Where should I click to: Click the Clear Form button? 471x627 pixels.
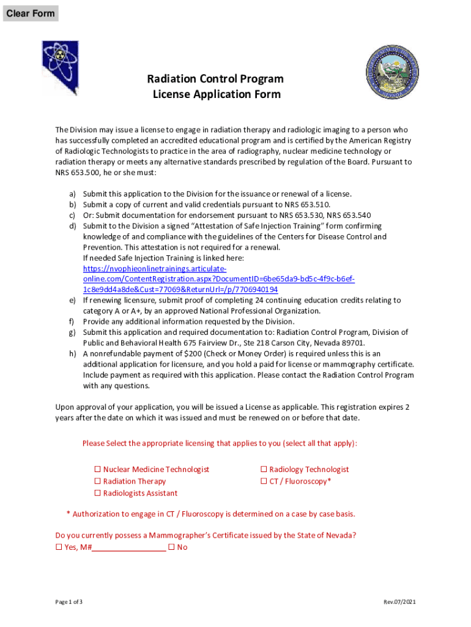(x=31, y=13)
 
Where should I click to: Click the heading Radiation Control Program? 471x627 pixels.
(x=215, y=79)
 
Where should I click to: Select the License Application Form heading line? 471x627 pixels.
(x=217, y=94)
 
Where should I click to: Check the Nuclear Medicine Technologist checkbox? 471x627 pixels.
(x=97, y=470)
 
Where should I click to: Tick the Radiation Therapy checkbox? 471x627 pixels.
(x=97, y=482)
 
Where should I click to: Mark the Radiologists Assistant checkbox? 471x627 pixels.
(x=97, y=494)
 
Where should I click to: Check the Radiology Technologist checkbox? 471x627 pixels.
(x=264, y=470)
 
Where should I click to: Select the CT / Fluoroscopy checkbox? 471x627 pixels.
(x=264, y=482)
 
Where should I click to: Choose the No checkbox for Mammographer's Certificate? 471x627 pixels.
(x=171, y=547)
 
